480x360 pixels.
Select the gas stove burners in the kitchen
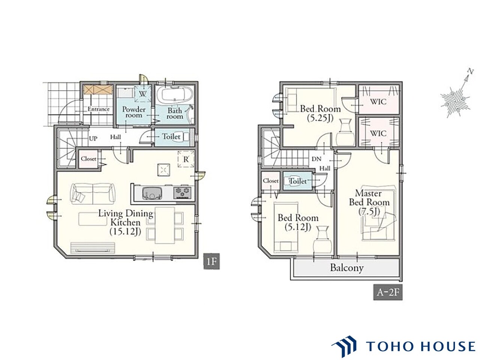click(x=182, y=193)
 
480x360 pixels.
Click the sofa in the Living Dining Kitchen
click(x=93, y=193)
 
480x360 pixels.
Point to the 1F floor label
click(x=211, y=261)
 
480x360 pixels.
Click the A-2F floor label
click(x=387, y=292)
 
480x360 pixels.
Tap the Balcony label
click(x=346, y=268)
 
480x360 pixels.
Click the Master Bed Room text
click(x=369, y=198)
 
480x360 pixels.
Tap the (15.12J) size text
click(x=125, y=231)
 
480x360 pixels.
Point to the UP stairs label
click(x=93, y=138)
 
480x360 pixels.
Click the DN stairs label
click(x=316, y=159)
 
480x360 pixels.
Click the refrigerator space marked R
click(x=186, y=159)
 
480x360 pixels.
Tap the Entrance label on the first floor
click(x=98, y=109)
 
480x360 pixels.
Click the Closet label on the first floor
click(x=88, y=159)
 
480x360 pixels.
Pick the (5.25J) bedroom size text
click(x=320, y=118)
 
